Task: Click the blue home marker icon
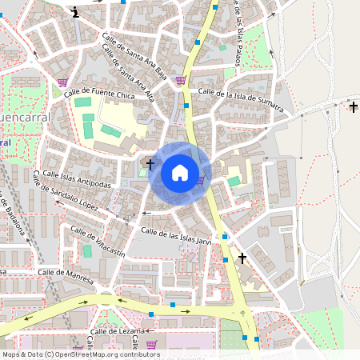[x=180, y=173]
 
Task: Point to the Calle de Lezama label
[x=115, y=330]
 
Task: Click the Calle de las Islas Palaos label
[x=238, y=32]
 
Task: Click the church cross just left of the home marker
[x=150, y=163]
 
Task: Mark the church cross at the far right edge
[x=354, y=106]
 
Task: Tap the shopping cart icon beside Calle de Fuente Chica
[x=62, y=82]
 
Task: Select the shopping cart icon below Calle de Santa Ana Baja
[x=181, y=79]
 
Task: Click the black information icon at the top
[x=75, y=11]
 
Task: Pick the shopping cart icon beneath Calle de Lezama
[x=151, y=345]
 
